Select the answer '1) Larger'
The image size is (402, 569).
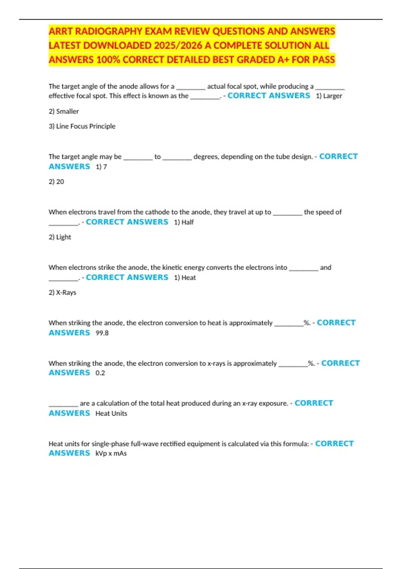pyautogui.click(x=329, y=96)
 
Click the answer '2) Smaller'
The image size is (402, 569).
pyautogui.click(x=64, y=111)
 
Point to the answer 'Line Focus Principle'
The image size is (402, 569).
pyautogui.click(x=85, y=127)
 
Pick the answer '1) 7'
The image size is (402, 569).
pyautogui.click(x=101, y=167)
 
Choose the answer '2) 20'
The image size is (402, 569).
pyautogui.click(x=56, y=182)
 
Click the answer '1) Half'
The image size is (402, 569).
pyautogui.click(x=184, y=222)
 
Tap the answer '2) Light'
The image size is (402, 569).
pyautogui.click(x=60, y=237)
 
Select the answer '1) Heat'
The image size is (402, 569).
pyautogui.click(x=185, y=278)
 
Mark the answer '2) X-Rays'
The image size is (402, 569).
pyautogui.click(x=62, y=293)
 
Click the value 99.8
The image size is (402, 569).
pyautogui.click(x=102, y=333)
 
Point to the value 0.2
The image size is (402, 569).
pyautogui.click(x=100, y=373)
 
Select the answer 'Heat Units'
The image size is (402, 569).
pyautogui.click(x=111, y=413)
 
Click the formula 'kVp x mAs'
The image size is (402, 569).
pyautogui.click(x=111, y=454)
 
